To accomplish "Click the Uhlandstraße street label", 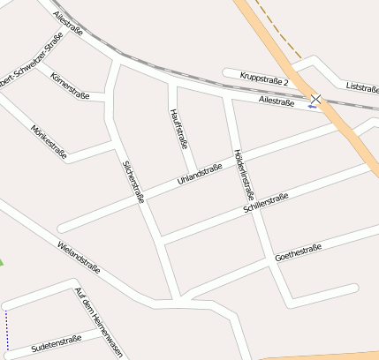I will [x=199, y=176].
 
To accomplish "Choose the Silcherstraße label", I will [x=133, y=182].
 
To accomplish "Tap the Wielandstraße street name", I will [x=79, y=257].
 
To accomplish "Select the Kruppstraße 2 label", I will [x=263, y=79].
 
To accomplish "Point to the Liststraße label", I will [x=362, y=86].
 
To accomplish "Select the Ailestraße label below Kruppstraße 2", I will [x=277, y=102].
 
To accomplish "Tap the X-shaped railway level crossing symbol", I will [x=315, y=100].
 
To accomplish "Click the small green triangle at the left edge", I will [x=2, y=262].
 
